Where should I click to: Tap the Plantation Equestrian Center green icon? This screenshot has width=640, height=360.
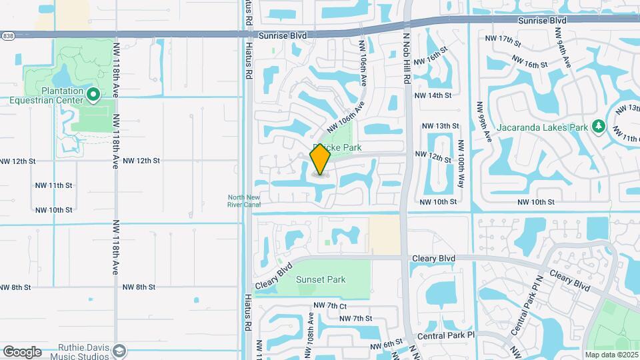click(x=93, y=96)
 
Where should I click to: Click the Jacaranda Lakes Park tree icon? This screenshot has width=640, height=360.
click(x=598, y=126)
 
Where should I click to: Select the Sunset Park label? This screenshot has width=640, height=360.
click(x=321, y=279)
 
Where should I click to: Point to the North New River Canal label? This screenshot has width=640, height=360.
click(x=244, y=201)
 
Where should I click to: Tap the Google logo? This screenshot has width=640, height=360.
click(x=22, y=352)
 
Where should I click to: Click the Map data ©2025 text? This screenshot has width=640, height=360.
click(x=611, y=354)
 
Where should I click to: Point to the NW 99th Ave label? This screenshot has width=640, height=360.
click(x=483, y=121)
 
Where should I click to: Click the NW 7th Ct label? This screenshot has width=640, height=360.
click(x=330, y=305)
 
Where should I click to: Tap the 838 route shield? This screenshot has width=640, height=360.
click(x=6, y=35)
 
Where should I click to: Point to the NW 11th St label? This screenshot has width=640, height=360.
click(x=53, y=185)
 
